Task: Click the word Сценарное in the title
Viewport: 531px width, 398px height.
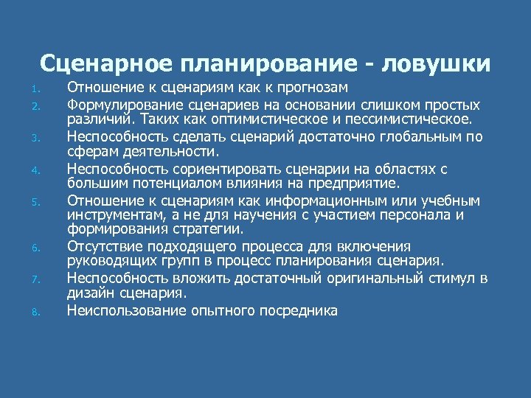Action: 103,63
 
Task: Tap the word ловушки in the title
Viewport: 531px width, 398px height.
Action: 435,63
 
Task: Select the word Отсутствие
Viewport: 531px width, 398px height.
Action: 103,246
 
